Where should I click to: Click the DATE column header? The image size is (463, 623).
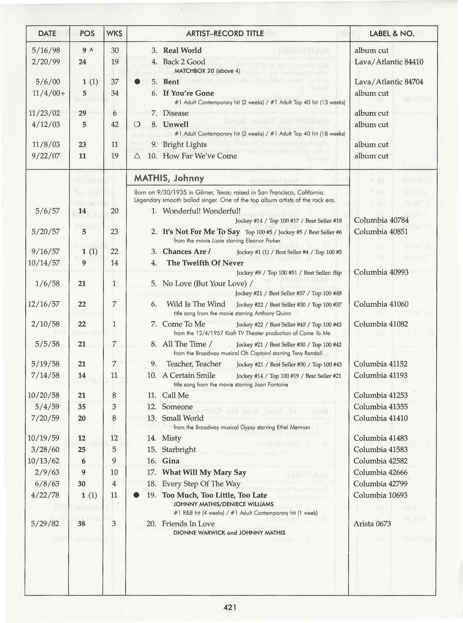pyautogui.click(x=47, y=33)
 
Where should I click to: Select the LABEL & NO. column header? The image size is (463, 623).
pyautogui.click(x=391, y=33)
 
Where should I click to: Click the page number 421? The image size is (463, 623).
pyautogui.click(x=230, y=607)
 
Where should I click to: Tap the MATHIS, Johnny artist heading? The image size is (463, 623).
pyautogui.click(x=169, y=178)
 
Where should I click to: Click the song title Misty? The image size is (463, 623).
pyautogui.click(x=171, y=438)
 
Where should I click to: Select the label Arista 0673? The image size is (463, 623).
pyautogui.click(x=372, y=523)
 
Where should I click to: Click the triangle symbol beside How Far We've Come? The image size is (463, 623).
pyautogui.click(x=138, y=156)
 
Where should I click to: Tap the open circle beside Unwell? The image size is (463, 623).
pyautogui.click(x=138, y=125)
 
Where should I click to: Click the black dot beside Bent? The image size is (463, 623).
pyautogui.click(x=138, y=82)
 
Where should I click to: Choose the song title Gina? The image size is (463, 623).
pyautogui.click(x=171, y=461)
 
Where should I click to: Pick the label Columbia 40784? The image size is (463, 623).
pyautogui.click(x=381, y=220)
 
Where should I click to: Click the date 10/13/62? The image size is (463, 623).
pyautogui.click(x=43, y=461)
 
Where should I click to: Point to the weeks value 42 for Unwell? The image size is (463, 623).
pyautogui.click(x=115, y=125)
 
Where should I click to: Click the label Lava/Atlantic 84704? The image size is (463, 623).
pyautogui.click(x=389, y=82)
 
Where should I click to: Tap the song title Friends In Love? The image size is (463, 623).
pyautogui.click(x=188, y=523)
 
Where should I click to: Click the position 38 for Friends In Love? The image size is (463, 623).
pyautogui.click(x=81, y=523)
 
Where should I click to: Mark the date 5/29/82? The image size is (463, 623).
pyautogui.click(x=45, y=523)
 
